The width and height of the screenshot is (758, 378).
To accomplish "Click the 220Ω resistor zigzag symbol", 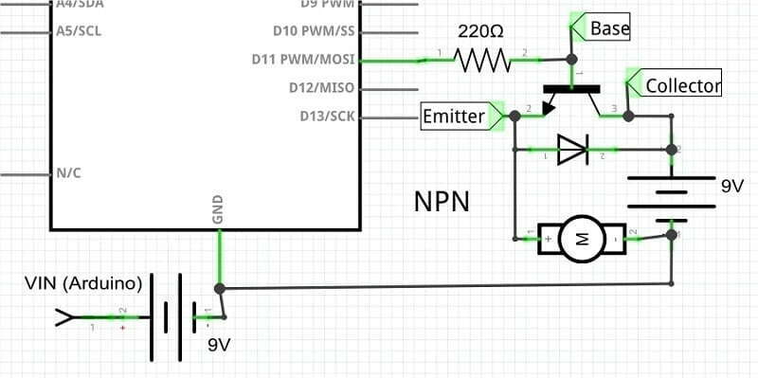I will coord(483,61).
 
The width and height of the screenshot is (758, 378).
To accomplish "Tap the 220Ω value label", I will coord(480,32).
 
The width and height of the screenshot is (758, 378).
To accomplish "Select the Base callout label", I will coord(608,29).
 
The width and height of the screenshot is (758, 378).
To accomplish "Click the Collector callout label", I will coord(682,85).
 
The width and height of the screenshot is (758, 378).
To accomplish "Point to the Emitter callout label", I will coord(453,117).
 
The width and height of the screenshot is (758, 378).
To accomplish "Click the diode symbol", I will coord(571,149).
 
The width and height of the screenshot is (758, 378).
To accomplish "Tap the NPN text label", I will coord(442,202).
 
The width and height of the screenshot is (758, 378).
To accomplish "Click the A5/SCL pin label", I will coord(80,30).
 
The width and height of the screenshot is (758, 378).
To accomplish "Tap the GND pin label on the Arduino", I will coord(218,210).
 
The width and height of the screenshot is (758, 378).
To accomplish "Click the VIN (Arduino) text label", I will coord(84,283).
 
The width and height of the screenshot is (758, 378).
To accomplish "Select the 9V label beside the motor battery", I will coord(731,188).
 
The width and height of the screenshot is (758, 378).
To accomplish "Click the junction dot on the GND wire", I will coord(220,288).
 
